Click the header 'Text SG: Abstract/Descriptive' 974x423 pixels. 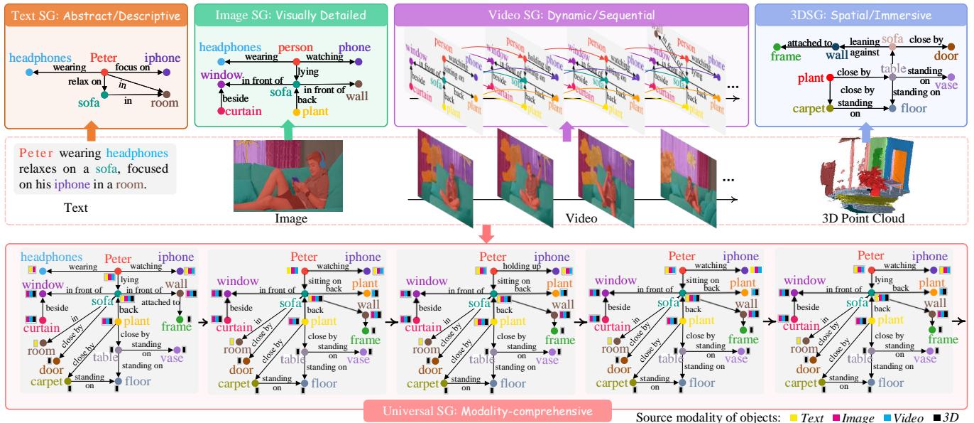(96, 14)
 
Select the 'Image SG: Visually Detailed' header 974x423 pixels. (291, 14)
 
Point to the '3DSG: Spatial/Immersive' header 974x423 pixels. (860, 14)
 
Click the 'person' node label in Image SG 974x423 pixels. (295, 48)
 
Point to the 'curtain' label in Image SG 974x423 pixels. (243, 112)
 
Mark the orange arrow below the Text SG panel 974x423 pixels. (91, 132)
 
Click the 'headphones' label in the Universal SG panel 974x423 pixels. (50, 257)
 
